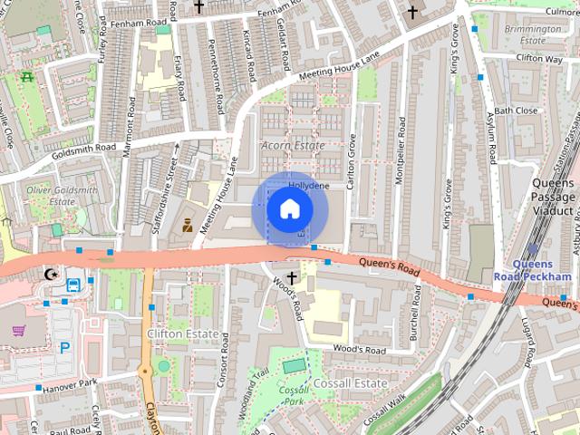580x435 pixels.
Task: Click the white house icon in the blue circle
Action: (x=288, y=208)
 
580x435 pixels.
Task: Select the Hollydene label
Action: (x=308, y=185)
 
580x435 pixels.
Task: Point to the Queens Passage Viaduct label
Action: (x=551, y=196)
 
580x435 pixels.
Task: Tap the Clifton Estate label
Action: (x=182, y=334)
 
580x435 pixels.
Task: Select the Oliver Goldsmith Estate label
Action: (x=50, y=195)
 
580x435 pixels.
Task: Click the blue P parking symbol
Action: (x=64, y=347)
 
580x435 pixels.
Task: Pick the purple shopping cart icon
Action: (x=18, y=330)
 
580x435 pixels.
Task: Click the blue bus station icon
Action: (x=72, y=285)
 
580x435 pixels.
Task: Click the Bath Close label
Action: (x=516, y=111)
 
